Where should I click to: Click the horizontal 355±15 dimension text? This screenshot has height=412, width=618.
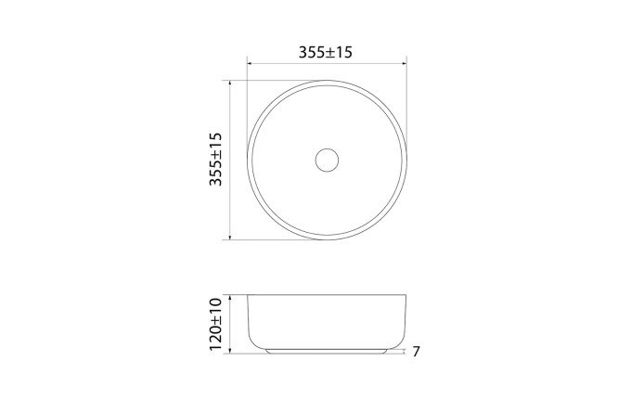pos(326,53)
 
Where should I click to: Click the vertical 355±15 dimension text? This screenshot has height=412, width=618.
pos(216,160)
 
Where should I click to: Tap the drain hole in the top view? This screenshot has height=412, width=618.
pos(327,160)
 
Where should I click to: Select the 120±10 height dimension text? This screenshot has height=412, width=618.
pos(216,324)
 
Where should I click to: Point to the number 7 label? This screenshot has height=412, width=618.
pos(417,352)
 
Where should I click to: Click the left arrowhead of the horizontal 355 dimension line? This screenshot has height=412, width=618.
pos(250,64)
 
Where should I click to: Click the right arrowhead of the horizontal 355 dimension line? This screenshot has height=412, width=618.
pos(404,64)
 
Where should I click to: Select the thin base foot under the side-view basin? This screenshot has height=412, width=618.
pos(327,352)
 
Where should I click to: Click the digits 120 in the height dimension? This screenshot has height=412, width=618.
pos(216,338)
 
